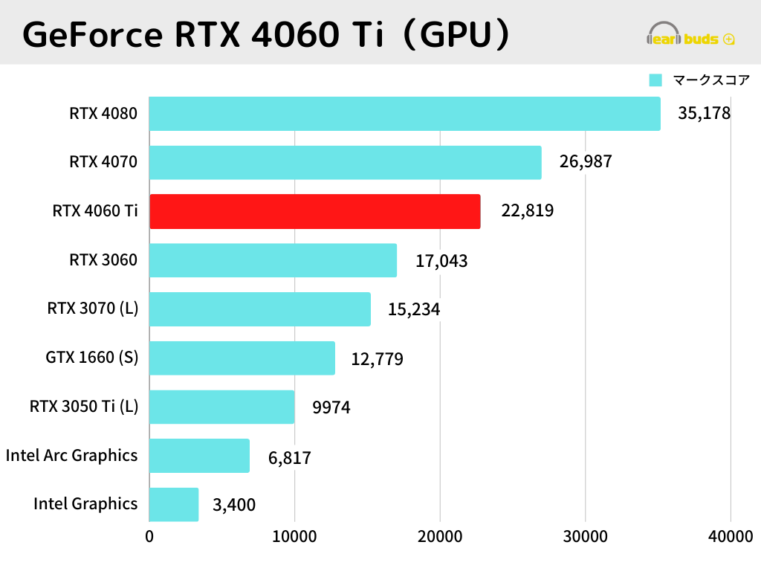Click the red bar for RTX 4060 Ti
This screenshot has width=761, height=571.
coord(314,211)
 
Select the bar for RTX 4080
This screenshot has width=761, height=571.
coord(404,114)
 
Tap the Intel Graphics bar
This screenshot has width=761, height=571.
coord(174,504)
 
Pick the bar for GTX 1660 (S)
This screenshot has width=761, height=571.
coord(242,358)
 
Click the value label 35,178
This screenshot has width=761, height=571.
coord(704,114)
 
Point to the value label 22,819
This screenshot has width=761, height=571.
coord(528,211)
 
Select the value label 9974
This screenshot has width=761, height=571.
coord(331,407)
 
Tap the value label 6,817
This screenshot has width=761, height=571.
coord(289,458)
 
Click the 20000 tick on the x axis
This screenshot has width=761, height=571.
coord(440,537)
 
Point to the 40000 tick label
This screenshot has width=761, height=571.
coord(730,537)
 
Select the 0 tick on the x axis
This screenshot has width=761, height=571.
coord(149,537)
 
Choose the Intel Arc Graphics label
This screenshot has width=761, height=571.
coord(71,455)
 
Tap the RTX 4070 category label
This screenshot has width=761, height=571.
coord(103,161)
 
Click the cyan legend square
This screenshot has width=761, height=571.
coord(655,80)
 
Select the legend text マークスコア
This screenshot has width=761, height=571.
coord(710,80)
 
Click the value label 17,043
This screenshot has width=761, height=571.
coord(441,261)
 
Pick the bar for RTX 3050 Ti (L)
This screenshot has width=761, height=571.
coord(221,407)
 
